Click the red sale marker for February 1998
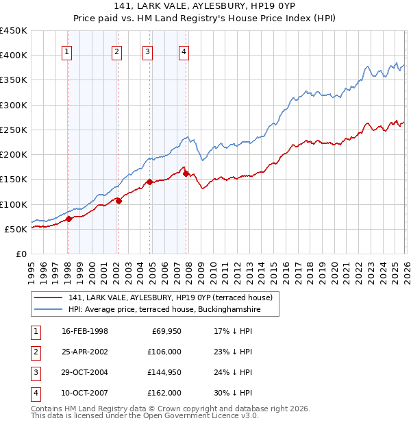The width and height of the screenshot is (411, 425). tap(68, 219)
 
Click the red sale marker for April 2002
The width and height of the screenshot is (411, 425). tap(119, 201)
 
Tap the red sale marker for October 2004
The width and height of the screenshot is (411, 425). tap(149, 182)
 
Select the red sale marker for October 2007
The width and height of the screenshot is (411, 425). tap(186, 173)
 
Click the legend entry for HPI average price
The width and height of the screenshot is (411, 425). tap(164, 310)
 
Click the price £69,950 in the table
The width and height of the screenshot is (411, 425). tap(164, 331)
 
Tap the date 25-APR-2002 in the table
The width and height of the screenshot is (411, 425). tap(85, 352)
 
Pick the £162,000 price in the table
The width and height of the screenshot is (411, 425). tap(164, 393)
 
